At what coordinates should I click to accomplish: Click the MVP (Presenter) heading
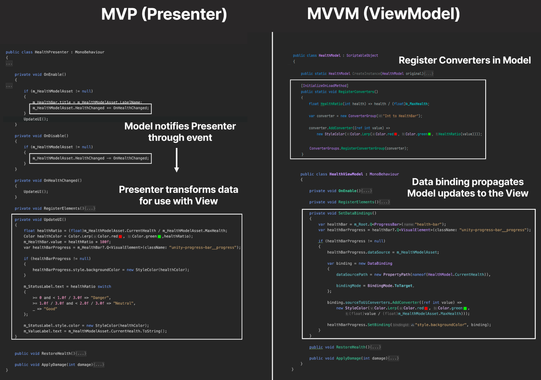pos(164,14)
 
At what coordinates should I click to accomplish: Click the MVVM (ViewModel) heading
pos(383,14)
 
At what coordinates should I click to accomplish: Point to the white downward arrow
pos(176,160)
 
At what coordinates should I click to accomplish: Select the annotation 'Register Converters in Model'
pos(464,60)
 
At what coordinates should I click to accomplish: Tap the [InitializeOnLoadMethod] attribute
pos(324,86)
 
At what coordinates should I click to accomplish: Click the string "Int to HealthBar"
pos(401,116)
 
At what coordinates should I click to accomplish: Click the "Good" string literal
pos(50,309)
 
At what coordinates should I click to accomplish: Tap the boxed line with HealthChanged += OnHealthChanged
pos(90,108)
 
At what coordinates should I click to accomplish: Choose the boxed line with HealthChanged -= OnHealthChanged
pos(90,158)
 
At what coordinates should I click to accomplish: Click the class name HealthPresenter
pos(51,52)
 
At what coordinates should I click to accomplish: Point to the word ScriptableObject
pos(362,55)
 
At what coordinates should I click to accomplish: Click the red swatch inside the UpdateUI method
pos(120,237)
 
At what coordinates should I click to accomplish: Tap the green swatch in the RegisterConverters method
pos(429,134)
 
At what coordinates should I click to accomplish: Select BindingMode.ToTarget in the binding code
pos(390,286)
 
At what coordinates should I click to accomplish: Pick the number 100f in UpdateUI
pos(104,242)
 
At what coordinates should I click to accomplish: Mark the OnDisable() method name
pos(56,136)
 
